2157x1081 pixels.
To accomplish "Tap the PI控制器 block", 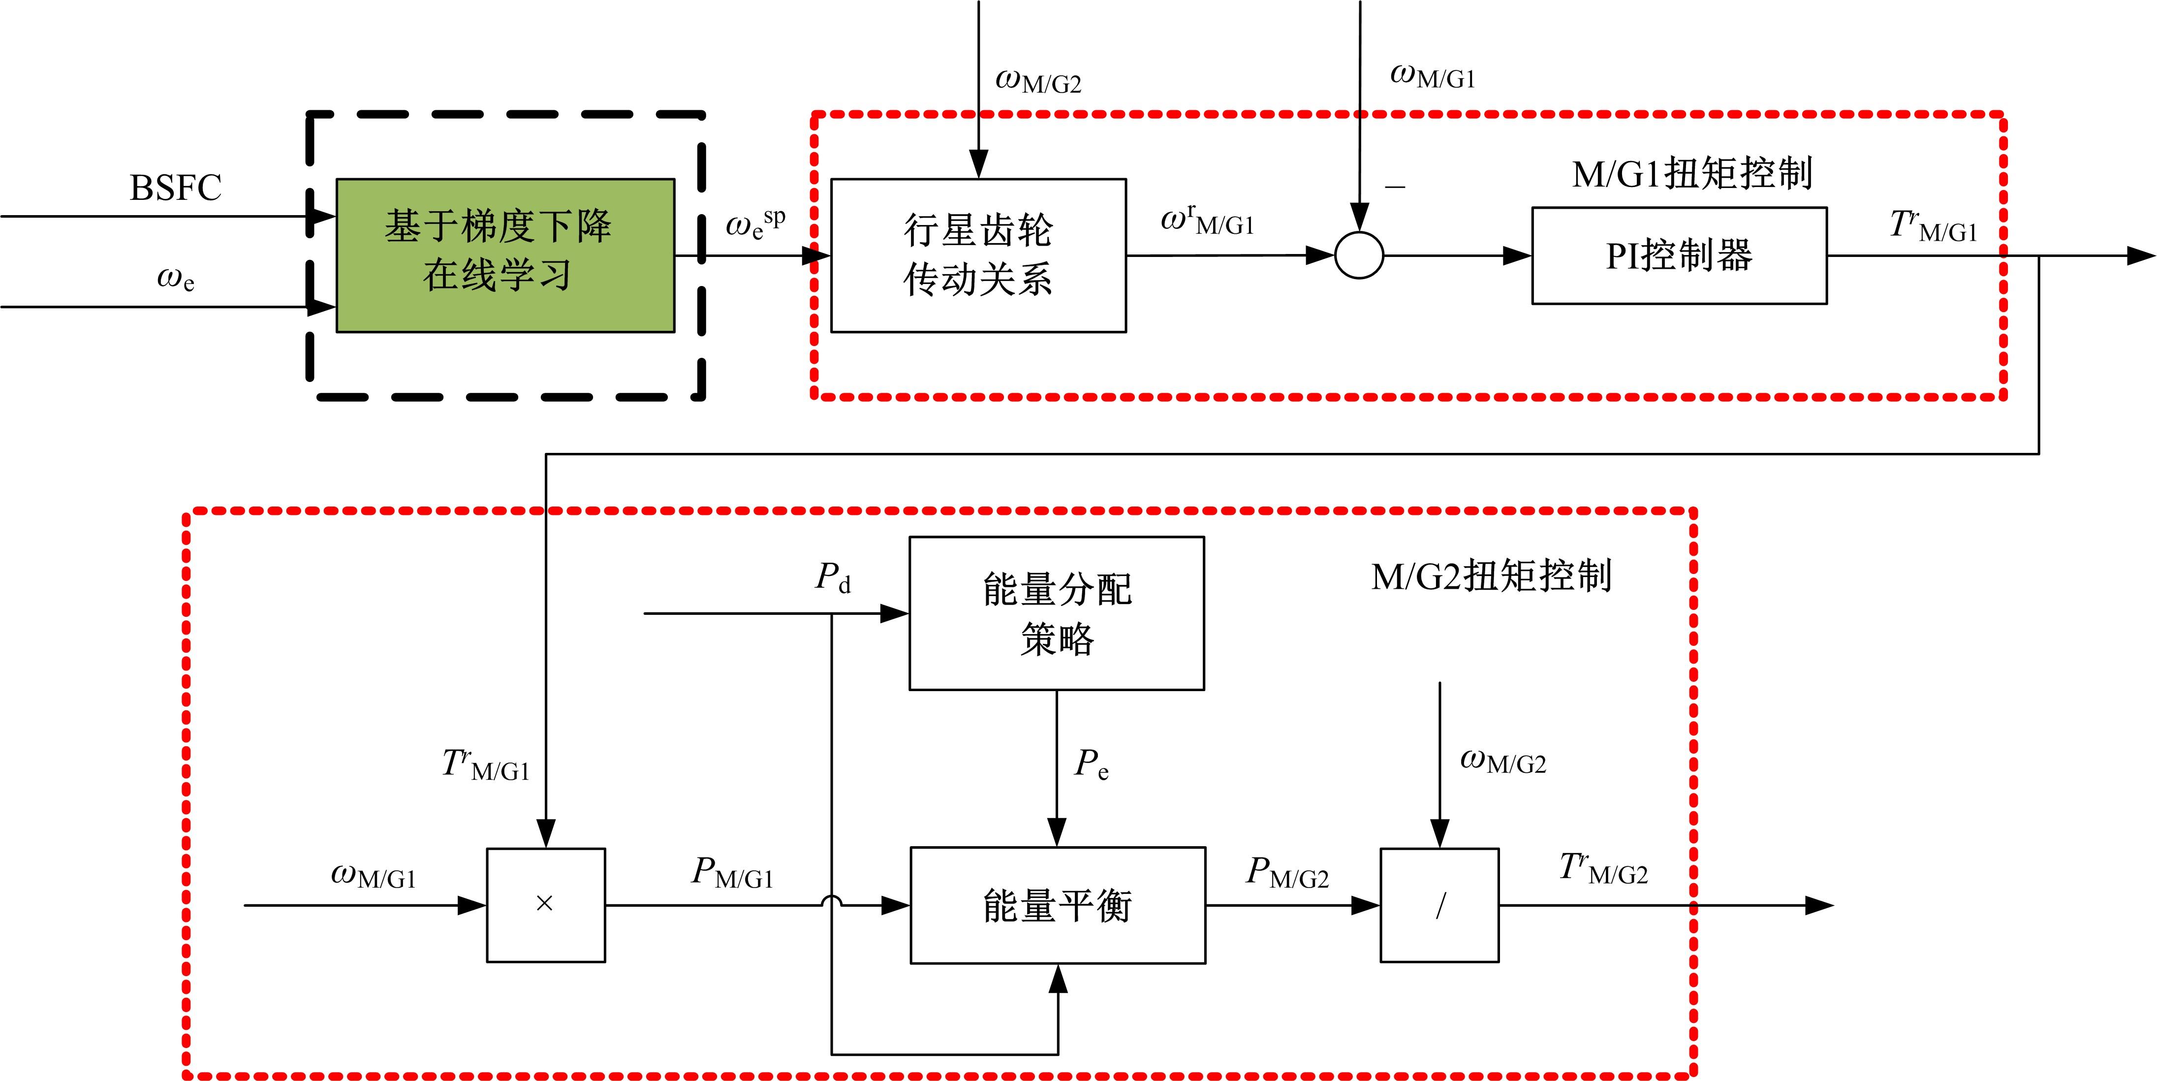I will click(x=1678, y=255).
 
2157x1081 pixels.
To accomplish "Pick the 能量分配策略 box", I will click(x=1057, y=613).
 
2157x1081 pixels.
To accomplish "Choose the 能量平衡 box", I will click(x=1058, y=905).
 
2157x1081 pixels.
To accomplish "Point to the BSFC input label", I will click(x=175, y=188).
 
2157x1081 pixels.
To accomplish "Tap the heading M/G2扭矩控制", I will click(x=1491, y=576).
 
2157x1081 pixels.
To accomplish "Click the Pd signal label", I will click(x=833, y=578).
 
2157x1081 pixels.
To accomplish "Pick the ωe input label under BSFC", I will click(x=175, y=278).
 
